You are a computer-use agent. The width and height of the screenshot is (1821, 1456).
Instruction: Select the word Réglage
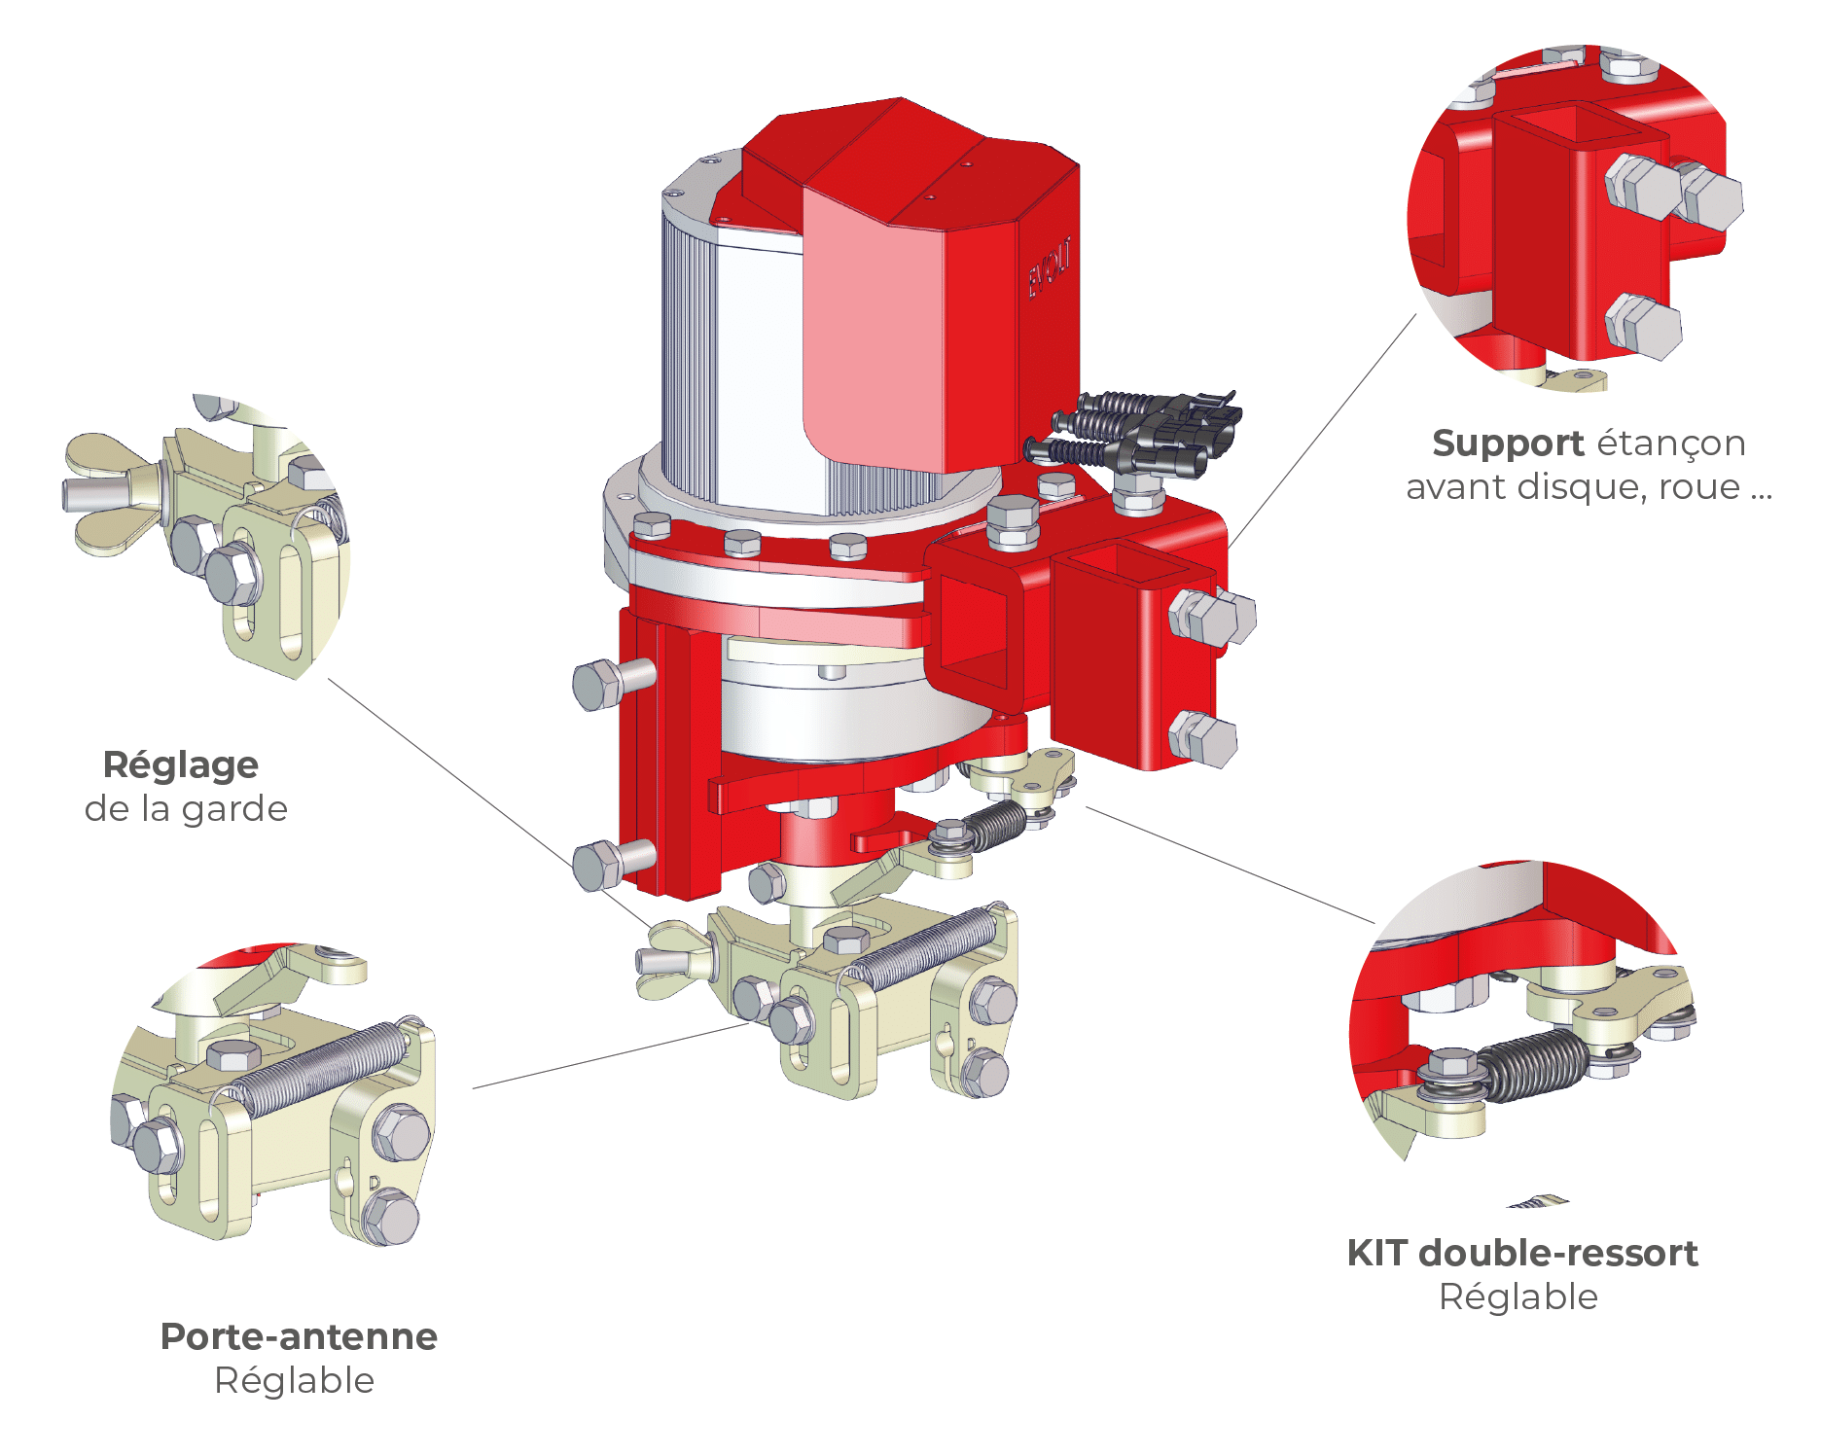tap(181, 765)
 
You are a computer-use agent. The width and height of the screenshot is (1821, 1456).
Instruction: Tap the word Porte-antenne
tap(299, 1336)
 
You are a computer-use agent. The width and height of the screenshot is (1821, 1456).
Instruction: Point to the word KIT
tap(1376, 1254)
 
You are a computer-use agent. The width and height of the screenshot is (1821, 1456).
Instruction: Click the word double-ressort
tap(1558, 1254)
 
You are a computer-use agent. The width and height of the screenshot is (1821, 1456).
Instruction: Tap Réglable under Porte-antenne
tap(295, 1380)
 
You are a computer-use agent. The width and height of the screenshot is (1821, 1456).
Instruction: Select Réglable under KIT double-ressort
tap(1518, 1296)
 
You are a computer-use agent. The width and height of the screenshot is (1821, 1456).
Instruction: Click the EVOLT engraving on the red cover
tap(1050, 267)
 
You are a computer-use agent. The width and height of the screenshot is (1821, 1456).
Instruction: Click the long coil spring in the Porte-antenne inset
tap(321, 1067)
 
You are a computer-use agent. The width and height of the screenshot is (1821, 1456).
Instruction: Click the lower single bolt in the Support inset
tap(1643, 325)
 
